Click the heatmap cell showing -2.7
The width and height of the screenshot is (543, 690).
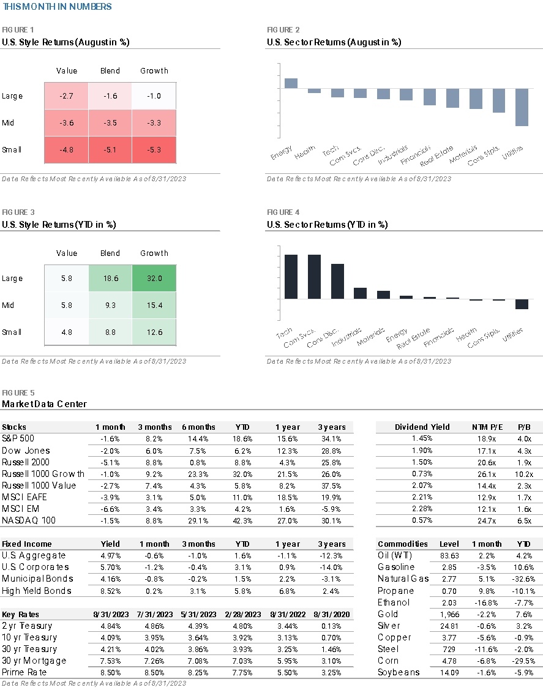click(x=66, y=96)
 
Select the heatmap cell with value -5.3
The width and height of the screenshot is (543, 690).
click(x=154, y=150)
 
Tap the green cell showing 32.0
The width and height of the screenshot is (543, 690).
click(x=154, y=278)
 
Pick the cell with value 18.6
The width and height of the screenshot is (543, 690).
click(x=110, y=278)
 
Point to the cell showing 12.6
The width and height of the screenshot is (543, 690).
click(x=154, y=332)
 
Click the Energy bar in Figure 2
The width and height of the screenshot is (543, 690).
click(x=291, y=83)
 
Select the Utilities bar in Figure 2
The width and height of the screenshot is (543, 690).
click(x=522, y=107)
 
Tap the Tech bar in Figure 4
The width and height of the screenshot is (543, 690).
click(x=291, y=277)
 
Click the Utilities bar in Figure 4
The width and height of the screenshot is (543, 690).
click(x=522, y=304)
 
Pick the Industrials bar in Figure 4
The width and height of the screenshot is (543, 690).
click(x=360, y=293)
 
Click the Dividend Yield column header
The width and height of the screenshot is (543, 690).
click(x=422, y=427)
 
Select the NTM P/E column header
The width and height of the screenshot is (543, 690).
click(x=487, y=427)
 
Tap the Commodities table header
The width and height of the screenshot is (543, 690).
click(x=403, y=544)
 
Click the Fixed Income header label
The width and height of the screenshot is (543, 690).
click(x=27, y=544)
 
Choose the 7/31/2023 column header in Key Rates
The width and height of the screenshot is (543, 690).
click(x=154, y=615)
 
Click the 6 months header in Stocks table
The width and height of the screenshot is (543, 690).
click(x=198, y=427)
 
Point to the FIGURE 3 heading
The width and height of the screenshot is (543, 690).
click(x=18, y=212)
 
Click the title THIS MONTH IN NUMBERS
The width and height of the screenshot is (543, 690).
click(x=58, y=7)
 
